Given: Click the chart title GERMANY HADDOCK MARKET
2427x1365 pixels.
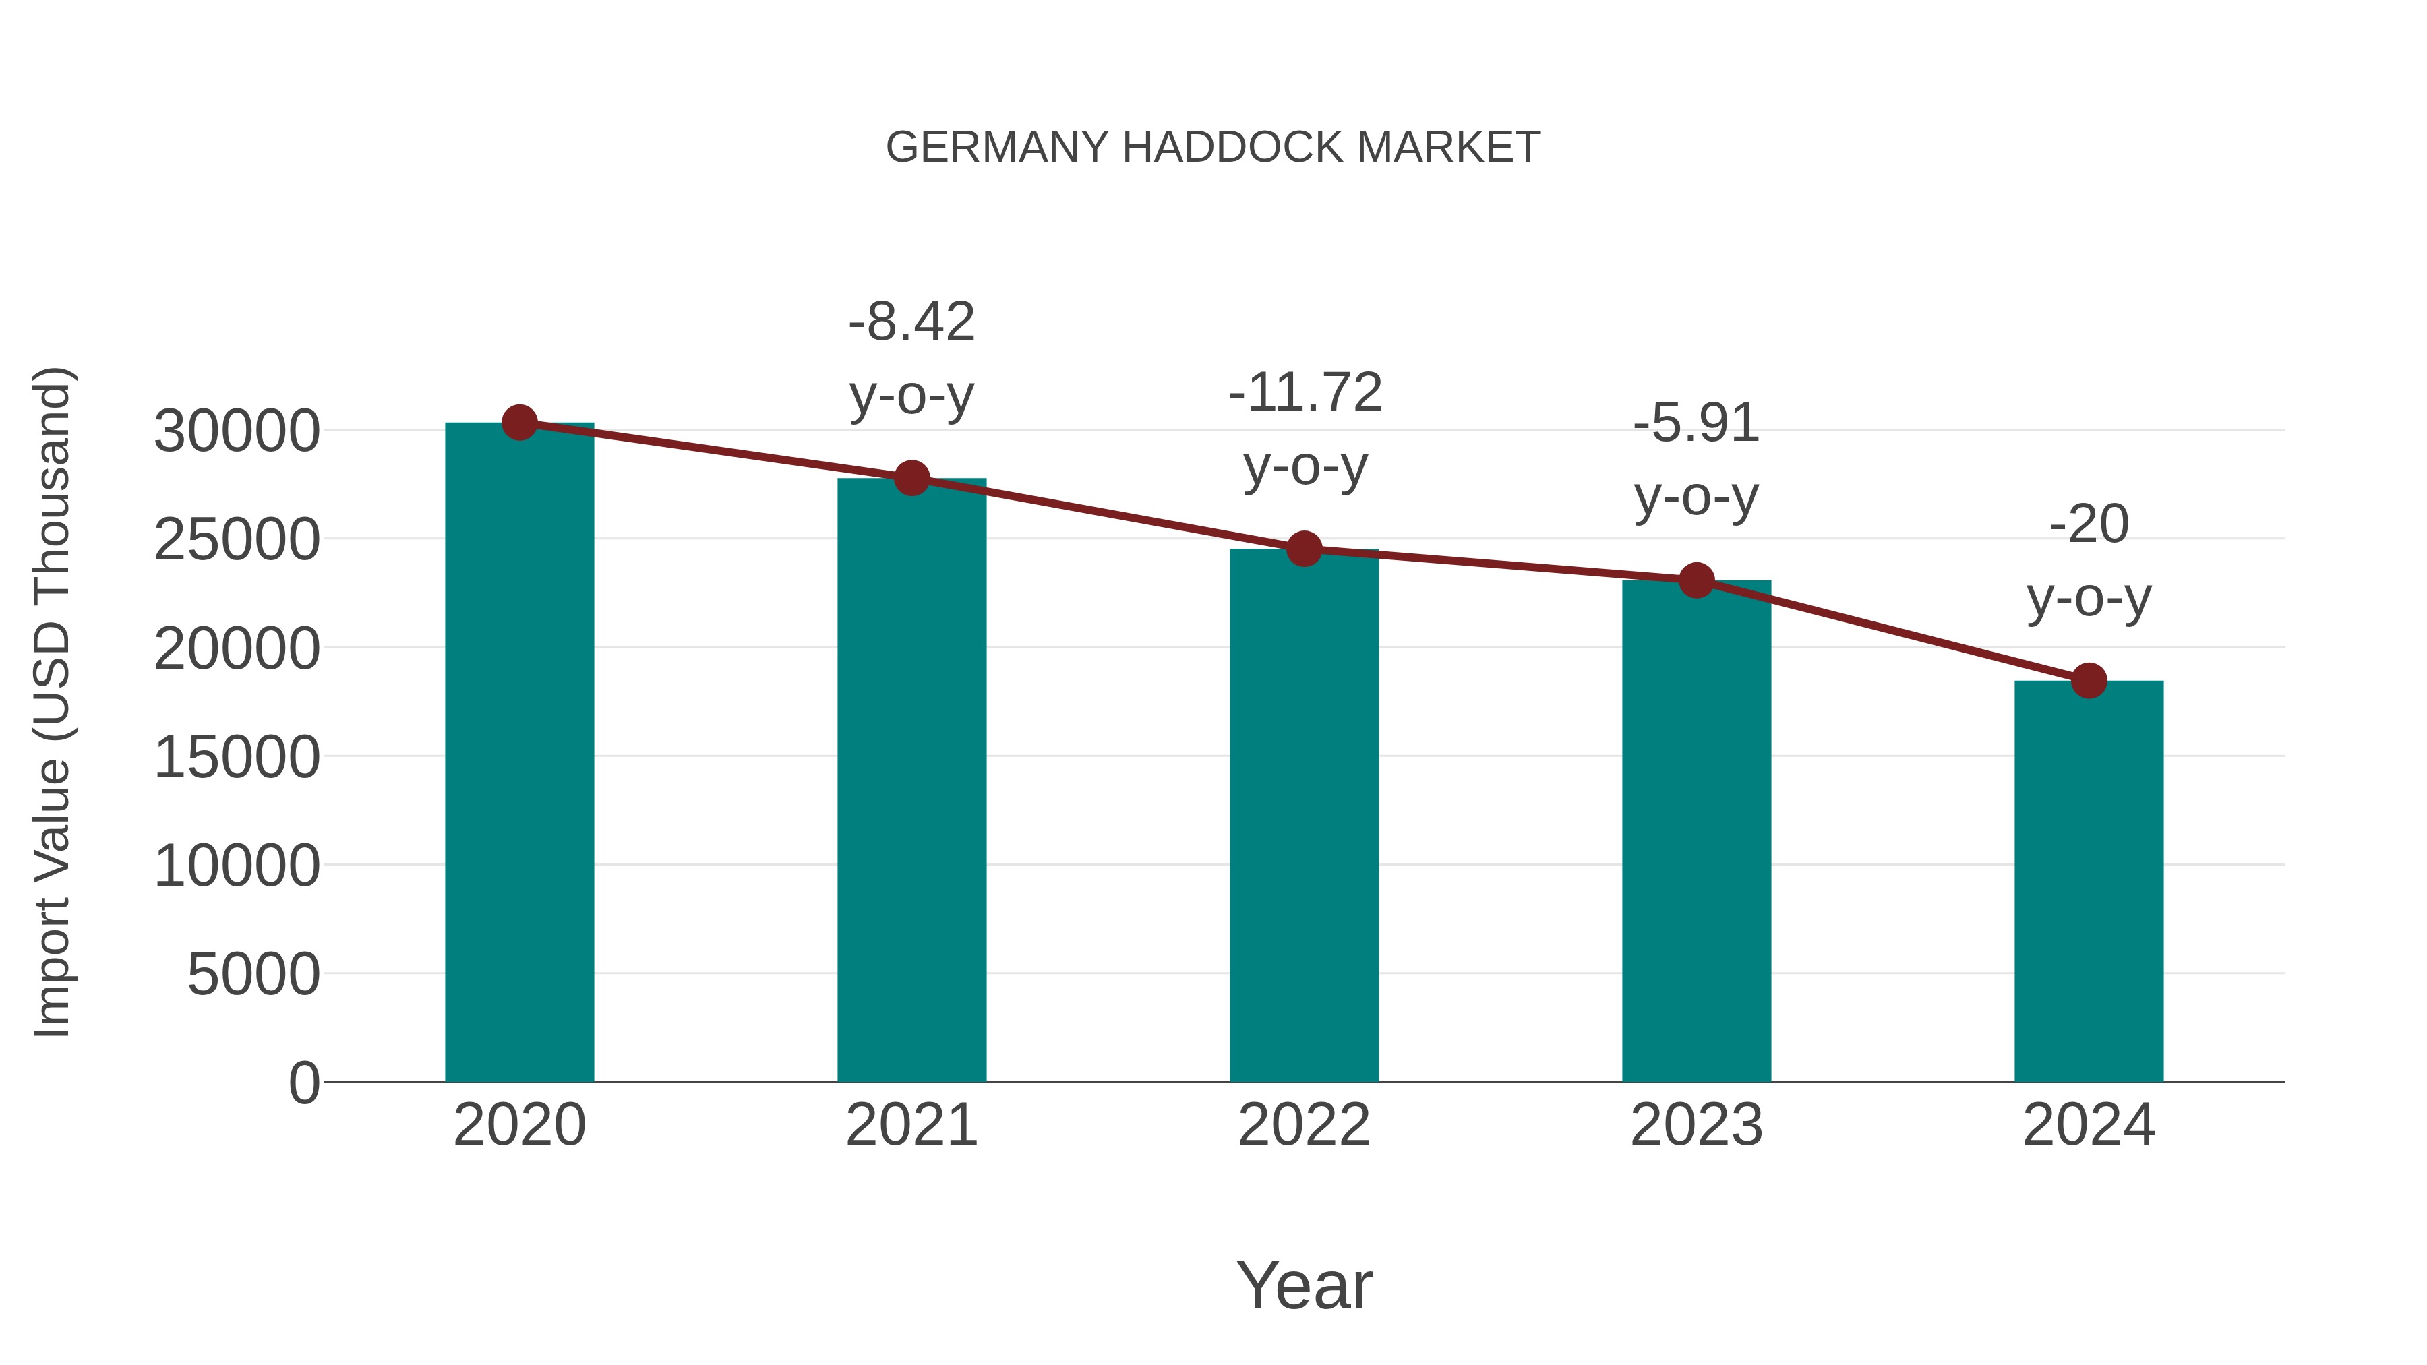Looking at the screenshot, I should pyautogui.click(x=1213, y=148).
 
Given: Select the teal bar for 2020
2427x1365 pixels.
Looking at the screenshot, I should pyautogui.click(x=519, y=754).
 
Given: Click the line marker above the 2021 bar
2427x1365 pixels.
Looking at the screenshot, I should pyautogui.click(x=911, y=479).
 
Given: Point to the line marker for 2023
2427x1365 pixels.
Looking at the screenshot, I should pyautogui.click(x=1696, y=580).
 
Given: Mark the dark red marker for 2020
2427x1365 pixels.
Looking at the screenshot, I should pyautogui.click(x=519, y=423).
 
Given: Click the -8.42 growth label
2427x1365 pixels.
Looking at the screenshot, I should pyautogui.click(x=911, y=322).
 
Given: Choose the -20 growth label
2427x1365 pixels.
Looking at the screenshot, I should pyautogui.click(x=2089, y=524).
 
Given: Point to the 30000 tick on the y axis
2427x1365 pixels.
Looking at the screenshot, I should pyautogui.click(x=237, y=431).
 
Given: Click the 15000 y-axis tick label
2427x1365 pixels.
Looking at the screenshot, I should pyautogui.click(x=237, y=758).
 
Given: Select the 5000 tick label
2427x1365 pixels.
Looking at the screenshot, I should pyautogui.click(x=253, y=974).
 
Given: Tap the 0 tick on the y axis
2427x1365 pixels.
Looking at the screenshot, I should pyautogui.click(x=303, y=1083).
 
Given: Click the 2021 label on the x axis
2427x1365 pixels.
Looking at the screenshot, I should pyautogui.click(x=911, y=1125).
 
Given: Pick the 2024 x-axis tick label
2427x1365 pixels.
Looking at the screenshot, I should pyautogui.click(x=2089, y=1125).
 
